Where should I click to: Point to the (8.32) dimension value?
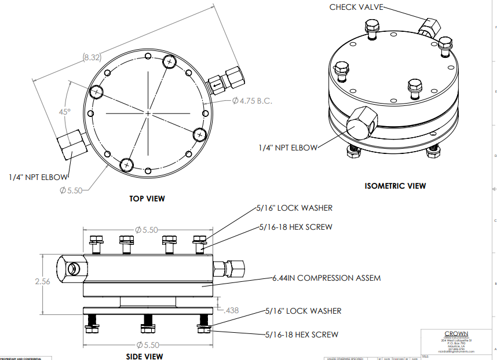[92, 57]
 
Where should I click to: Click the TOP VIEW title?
[147, 199]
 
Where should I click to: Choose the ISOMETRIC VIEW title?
[395, 186]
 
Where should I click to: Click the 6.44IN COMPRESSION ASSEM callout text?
[326, 278]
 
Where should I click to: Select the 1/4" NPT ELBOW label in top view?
[38, 177]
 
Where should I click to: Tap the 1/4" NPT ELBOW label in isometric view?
[288, 148]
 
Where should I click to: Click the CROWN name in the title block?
[456, 333]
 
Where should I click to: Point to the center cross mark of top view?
[148, 112]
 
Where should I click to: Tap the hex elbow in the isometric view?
[363, 122]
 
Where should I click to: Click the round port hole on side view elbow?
[73, 269]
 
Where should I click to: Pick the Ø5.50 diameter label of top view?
[72, 190]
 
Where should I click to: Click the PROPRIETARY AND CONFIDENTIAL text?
[21, 358]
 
